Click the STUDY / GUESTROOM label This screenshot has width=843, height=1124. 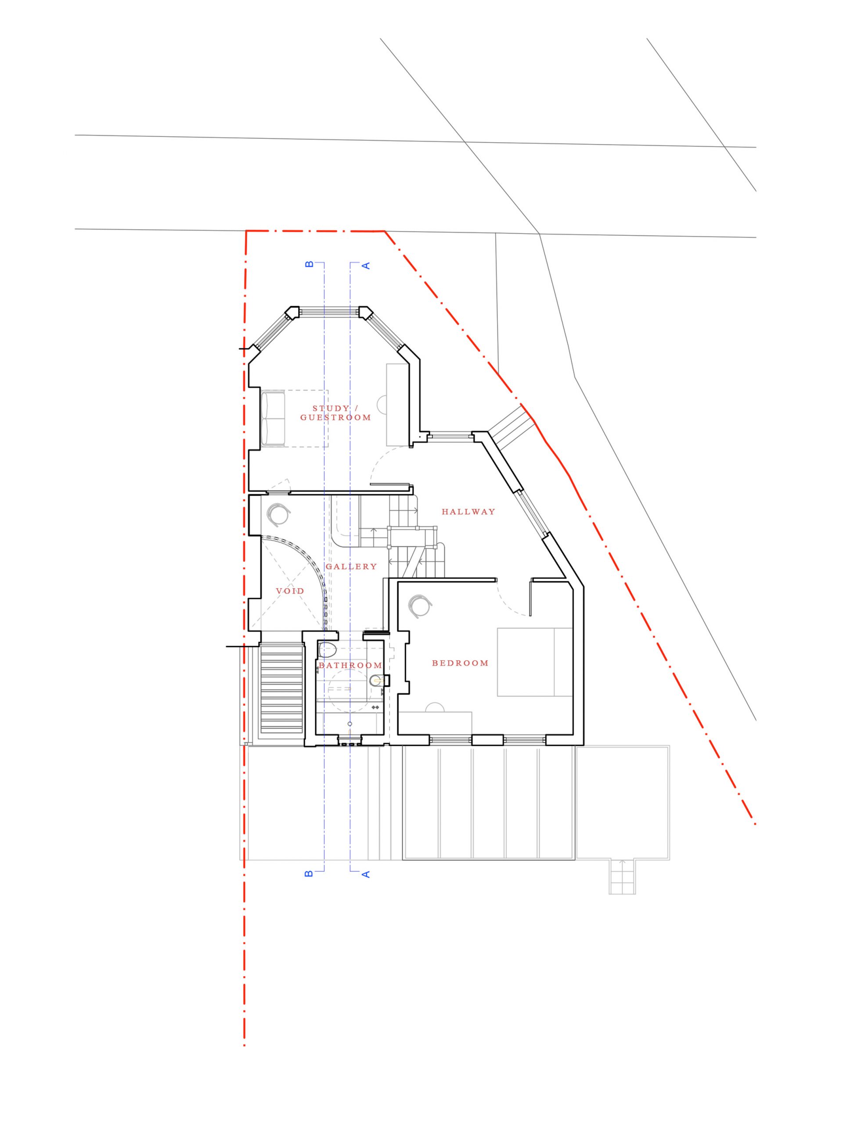click(335, 413)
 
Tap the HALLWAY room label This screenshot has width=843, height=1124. click(468, 512)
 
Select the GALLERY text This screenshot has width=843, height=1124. click(351, 566)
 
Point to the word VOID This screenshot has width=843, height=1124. click(290, 591)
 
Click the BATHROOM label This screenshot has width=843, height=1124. click(350, 665)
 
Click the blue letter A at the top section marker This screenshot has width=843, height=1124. click(366, 265)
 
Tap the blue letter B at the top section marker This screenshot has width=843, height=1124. click(308, 264)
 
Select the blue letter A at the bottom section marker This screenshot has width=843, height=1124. click(366, 874)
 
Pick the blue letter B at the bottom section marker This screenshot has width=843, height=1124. click(308, 874)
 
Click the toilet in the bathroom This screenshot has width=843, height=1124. click(328, 650)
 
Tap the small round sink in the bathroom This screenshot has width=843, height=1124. click(376, 679)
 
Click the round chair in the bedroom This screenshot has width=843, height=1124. click(421, 606)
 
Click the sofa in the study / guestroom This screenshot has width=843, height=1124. click(273, 418)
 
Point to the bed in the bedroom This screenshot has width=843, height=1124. click(535, 662)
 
